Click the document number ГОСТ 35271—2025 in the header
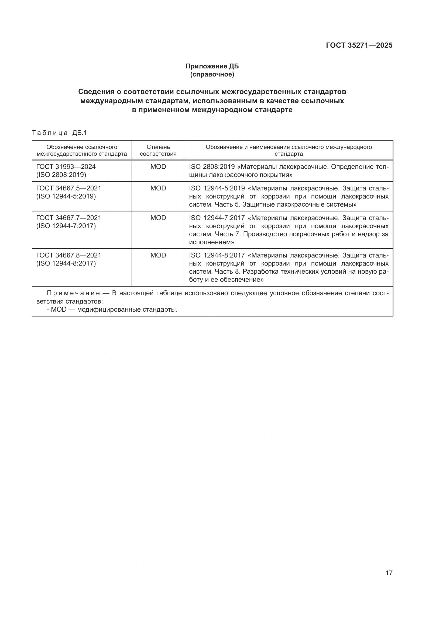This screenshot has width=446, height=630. (359, 46)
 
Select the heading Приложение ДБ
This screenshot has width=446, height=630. (212, 66)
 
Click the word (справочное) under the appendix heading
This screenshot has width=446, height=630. (212, 74)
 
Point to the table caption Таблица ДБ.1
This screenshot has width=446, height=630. (59, 133)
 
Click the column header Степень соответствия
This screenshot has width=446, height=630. (158, 150)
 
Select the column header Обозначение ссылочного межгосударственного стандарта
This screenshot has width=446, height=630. (82, 150)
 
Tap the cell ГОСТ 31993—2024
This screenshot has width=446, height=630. (66, 166)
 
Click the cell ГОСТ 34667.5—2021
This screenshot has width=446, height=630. (69, 188)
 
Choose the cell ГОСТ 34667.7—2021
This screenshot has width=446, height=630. (69, 218)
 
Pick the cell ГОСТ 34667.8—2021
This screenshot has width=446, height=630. (69, 255)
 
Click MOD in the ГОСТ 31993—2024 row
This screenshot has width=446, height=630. (158, 166)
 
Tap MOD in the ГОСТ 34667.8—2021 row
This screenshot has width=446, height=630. (158, 255)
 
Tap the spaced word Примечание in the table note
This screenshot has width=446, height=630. (73, 293)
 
